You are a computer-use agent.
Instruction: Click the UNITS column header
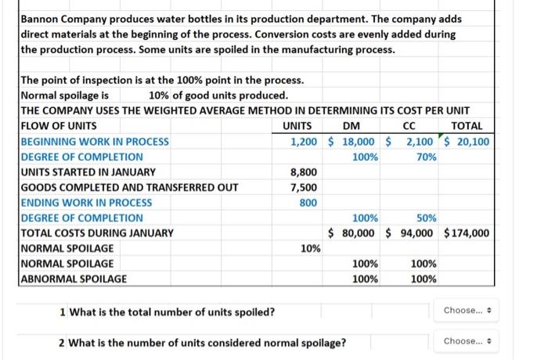(297, 126)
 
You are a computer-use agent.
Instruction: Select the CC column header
(409, 126)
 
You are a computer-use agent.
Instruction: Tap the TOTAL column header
(467, 126)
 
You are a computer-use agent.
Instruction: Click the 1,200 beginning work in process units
(304, 142)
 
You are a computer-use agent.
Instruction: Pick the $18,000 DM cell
(352, 142)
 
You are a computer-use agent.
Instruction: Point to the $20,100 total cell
(467, 142)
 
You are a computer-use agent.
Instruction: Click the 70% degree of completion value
(427, 157)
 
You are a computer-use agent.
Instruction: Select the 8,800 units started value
(304, 172)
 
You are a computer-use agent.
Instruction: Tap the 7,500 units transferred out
(304, 188)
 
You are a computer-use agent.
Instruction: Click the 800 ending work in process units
(308, 203)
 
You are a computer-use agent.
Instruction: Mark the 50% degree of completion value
(427, 218)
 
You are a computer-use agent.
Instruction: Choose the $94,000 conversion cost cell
(409, 233)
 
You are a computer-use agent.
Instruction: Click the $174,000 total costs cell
(467, 233)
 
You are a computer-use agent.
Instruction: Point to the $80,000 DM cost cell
(352, 233)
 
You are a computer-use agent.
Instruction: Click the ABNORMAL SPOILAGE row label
(74, 279)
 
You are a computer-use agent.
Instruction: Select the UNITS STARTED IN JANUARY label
(88, 172)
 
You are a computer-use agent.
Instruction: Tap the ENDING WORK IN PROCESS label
(86, 203)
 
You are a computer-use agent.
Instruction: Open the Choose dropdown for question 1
(467, 311)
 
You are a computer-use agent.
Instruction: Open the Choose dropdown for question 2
(467, 341)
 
